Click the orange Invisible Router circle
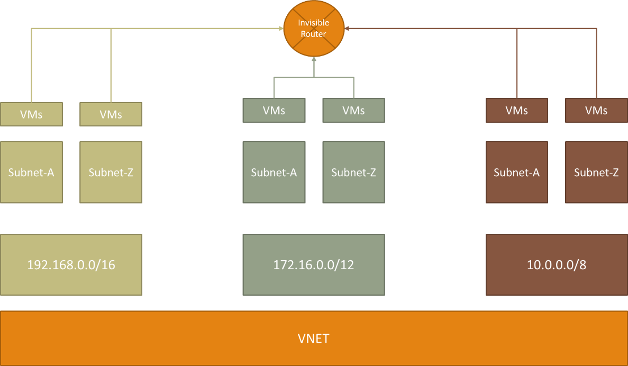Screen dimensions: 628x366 pyautogui.click(x=314, y=29)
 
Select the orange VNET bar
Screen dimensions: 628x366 pyautogui.click(x=314, y=338)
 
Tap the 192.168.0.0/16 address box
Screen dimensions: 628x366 pyautogui.click(x=71, y=264)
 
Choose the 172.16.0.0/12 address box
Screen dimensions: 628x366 pyautogui.click(x=314, y=264)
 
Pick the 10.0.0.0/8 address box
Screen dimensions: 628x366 pyautogui.click(x=557, y=264)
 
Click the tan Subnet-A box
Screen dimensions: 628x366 pyautogui.click(x=32, y=172)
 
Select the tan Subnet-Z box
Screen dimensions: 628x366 pyautogui.click(x=111, y=172)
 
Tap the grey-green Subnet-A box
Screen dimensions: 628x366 pyautogui.click(x=274, y=172)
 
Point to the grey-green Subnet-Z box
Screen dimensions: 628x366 pyautogui.click(x=353, y=172)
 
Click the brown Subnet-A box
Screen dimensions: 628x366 pyautogui.click(x=517, y=172)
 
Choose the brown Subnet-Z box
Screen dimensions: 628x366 pyautogui.click(x=596, y=172)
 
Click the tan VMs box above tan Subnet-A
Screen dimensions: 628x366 pyautogui.click(x=32, y=115)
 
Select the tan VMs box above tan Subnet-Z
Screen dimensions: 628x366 pyautogui.click(x=111, y=115)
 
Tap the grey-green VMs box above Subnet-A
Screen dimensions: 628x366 pyautogui.click(x=274, y=110)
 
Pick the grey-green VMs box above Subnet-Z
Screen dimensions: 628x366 pyautogui.click(x=353, y=110)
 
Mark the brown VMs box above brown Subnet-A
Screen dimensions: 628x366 pyautogui.click(x=517, y=110)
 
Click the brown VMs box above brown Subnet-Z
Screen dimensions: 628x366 pyautogui.click(x=596, y=110)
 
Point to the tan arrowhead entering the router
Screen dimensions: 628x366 pyautogui.click(x=281, y=29)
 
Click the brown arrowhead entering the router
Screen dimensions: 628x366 pyautogui.click(x=347, y=29)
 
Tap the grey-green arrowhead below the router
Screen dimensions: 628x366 pyautogui.click(x=314, y=59)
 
